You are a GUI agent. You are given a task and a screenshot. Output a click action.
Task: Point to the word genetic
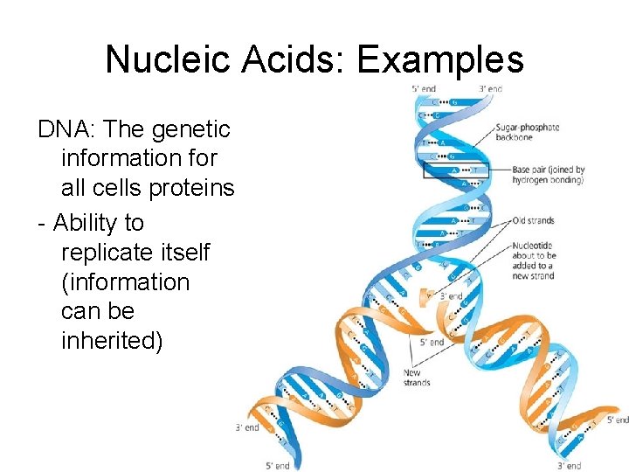[190, 129]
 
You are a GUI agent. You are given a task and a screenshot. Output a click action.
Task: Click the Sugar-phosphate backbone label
[527, 133]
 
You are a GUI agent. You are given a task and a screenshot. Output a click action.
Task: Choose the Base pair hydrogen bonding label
[548, 175]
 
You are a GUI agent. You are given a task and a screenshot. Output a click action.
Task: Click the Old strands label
[533, 220]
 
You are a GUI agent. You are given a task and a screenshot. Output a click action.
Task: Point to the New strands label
[417, 378]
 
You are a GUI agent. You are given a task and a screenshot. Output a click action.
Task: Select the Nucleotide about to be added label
[534, 260]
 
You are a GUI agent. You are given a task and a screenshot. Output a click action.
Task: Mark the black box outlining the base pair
[453, 170]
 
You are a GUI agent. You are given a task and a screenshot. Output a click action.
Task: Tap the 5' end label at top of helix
[425, 89]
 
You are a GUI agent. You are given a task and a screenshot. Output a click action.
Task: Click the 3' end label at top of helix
[490, 89]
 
